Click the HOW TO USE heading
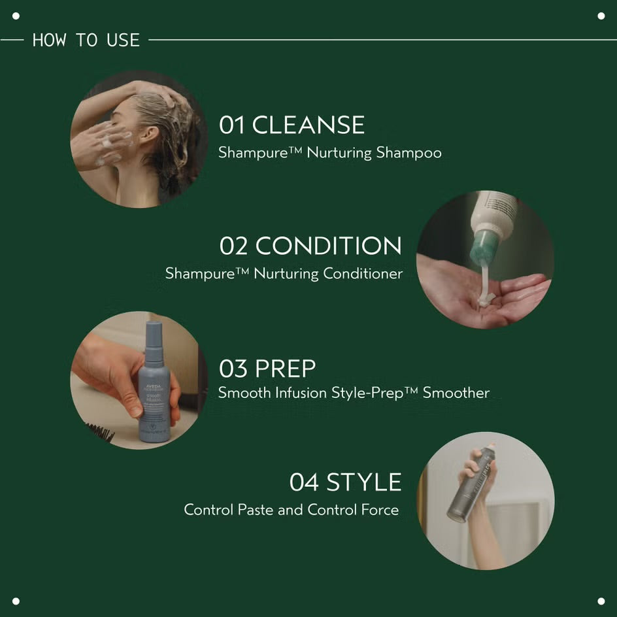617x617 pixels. [x=86, y=40]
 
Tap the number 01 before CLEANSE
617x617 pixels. [x=232, y=125]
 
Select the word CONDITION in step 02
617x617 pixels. [x=328, y=246]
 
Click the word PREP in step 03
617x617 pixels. [x=285, y=369]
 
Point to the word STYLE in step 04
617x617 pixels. [x=364, y=482]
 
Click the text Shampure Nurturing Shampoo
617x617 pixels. [x=329, y=153]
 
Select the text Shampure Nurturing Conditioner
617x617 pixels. [x=284, y=273]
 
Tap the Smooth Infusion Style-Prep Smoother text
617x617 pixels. [x=353, y=393]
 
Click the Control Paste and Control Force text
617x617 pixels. [x=291, y=510]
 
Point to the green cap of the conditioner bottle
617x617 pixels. [x=485, y=247]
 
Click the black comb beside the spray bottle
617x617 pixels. [x=100, y=432]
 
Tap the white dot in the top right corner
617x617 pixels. [x=601, y=16]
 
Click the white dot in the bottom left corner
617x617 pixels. [x=16, y=601]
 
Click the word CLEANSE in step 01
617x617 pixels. [x=308, y=125]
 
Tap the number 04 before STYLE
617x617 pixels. [x=304, y=482]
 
